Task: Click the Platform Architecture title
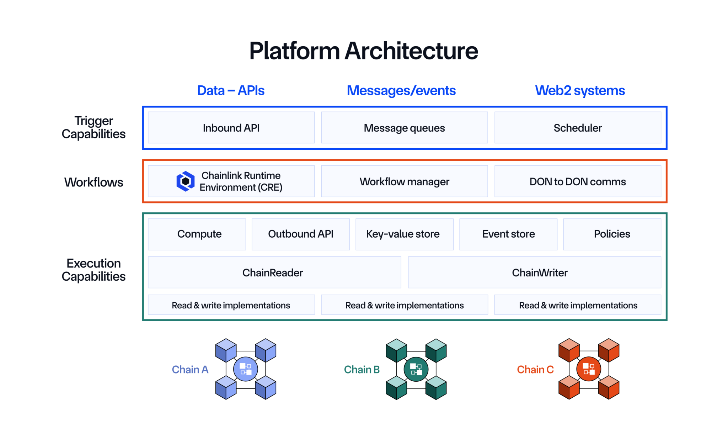pyautogui.click(x=364, y=51)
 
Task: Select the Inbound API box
pyautogui.click(x=231, y=128)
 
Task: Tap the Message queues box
pyautogui.click(x=404, y=128)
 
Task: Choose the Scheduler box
pyautogui.click(x=578, y=128)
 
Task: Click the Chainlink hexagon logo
pyautogui.click(x=185, y=181)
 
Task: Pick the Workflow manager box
pyautogui.click(x=404, y=181)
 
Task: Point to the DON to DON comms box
pyautogui.click(x=578, y=181)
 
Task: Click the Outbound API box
pyautogui.click(x=301, y=234)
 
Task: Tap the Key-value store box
pyautogui.click(x=404, y=234)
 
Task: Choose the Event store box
pyautogui.click(x=508, y=234)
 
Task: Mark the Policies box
pyautogui.click(x=612, y=234)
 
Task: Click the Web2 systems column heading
pyautogui.click(x=580, y=91)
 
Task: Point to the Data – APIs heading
pyautogui.click(x=231, y=91)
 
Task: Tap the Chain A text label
pyautogui.click(x=190, y=370)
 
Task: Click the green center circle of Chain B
pyautogui.click(x=416, y=369)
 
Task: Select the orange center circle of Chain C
pyautogui.click(x=589, y=369)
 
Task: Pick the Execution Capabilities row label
pyautogui.click(x=93, y=270)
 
